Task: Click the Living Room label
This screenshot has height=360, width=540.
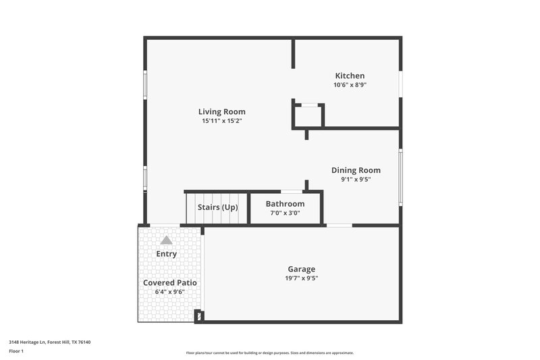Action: [221, 111]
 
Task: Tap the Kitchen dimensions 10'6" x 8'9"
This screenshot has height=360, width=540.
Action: [350, 85]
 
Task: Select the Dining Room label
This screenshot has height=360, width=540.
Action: [355, 170]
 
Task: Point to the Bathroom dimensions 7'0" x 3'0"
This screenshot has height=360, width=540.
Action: [284, 213]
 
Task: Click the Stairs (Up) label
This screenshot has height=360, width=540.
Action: [217, 207]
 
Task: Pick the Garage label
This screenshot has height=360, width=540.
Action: [300, 269]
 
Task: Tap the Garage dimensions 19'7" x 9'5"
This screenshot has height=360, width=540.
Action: [300, 278]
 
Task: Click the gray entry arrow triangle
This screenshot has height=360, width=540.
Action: [166, 240]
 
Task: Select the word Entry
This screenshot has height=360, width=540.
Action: [166, 254]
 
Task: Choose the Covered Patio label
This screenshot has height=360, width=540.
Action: [169, 282]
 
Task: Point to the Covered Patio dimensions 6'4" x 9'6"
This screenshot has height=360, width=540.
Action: [169, 292]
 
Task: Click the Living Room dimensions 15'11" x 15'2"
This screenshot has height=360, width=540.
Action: [221, 121]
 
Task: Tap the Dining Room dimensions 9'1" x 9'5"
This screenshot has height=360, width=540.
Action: [355, 180]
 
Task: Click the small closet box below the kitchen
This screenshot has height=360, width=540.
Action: [308, 116]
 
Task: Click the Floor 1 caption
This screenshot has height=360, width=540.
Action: [16, 351]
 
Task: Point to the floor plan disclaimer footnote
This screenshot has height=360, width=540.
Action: [269, 353]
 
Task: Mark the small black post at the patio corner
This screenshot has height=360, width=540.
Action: [198, 315]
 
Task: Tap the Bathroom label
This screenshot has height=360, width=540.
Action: [284, 203]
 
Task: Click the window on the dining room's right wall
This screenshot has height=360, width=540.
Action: [400, 177]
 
